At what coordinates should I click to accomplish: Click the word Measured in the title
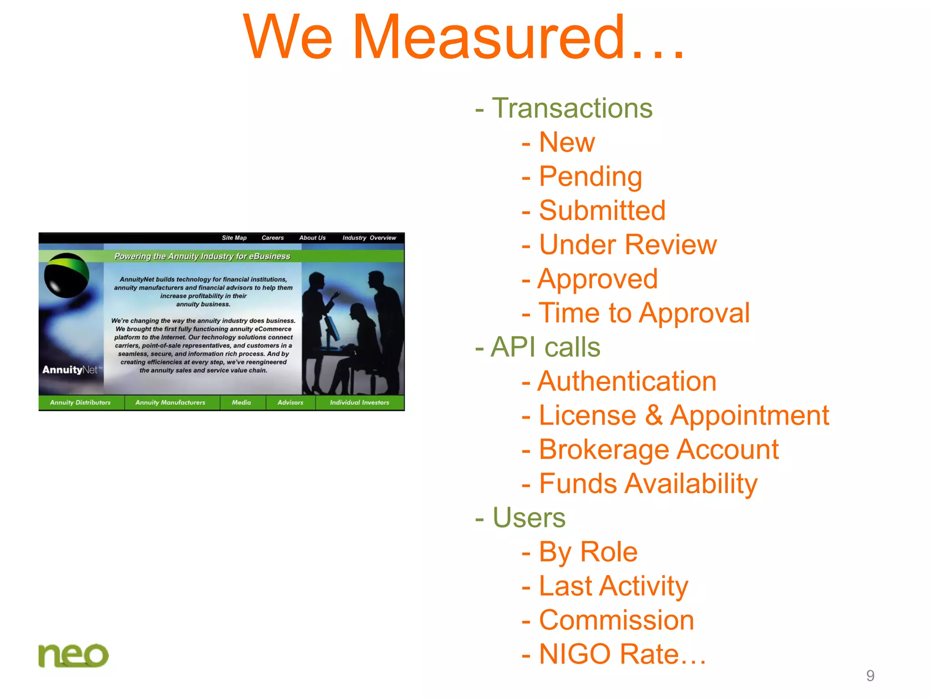489,37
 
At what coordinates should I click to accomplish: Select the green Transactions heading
571,108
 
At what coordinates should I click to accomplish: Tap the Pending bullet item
590,176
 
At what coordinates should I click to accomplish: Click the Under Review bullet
627,244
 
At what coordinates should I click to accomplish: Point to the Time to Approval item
644,313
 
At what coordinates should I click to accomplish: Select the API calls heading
545,347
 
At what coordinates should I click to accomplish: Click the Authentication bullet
626,381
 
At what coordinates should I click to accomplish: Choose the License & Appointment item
683,415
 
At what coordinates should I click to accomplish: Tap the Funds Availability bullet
648,484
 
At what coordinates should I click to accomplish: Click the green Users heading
529,518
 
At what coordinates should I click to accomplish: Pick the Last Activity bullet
613,586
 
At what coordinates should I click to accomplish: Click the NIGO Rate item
622,654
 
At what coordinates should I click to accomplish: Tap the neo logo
73,655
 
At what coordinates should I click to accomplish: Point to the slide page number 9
870,676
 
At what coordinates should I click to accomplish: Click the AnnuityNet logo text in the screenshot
70,370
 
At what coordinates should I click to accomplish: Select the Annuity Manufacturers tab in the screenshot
170,403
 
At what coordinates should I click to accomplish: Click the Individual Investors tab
359,403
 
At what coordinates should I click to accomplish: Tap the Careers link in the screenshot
272,238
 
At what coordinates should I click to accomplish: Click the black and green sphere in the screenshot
66,275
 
